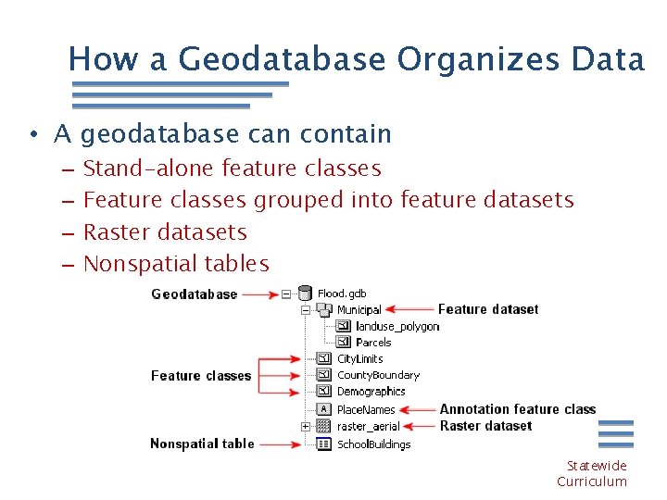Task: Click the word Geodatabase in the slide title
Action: tap(283, 59)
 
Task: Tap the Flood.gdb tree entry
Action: tap(341, 294)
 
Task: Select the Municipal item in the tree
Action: tap(359, 310)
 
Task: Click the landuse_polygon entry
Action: tap(397, 326)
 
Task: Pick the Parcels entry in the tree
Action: tap(373, 343)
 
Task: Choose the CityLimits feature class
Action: tap(359, 359)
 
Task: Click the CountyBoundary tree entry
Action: tap(378, 375)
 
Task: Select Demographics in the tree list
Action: tap(371, 392)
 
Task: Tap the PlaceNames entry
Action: tap(366, 409)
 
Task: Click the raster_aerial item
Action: tap(369, 426)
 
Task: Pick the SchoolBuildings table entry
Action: tap(373, 444)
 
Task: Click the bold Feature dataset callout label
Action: tap(487, 309)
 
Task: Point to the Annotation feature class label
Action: tap(517, 409)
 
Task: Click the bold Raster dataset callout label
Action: tap(485, 426)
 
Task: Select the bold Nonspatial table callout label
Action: tap(202, 444)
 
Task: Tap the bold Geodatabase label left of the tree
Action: tap(194, 294)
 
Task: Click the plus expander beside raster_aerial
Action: tap(305, 426)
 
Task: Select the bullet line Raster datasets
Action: tap(165, 231)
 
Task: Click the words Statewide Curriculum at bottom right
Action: tap(593, 473)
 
